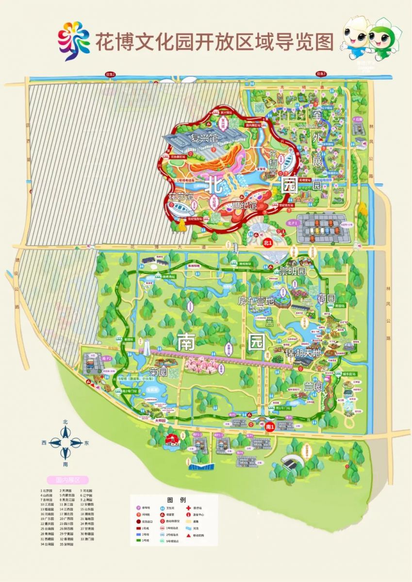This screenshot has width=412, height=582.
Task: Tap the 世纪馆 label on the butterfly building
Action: click(244, 206)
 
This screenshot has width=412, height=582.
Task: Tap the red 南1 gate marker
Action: click(270, 426)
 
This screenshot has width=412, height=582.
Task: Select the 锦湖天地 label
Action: click(304, 353)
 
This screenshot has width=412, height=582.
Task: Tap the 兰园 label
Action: click(313, 387)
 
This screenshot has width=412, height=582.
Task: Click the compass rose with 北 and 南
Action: click(66, 443)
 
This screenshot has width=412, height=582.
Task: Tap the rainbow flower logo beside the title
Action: click(74, 41)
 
